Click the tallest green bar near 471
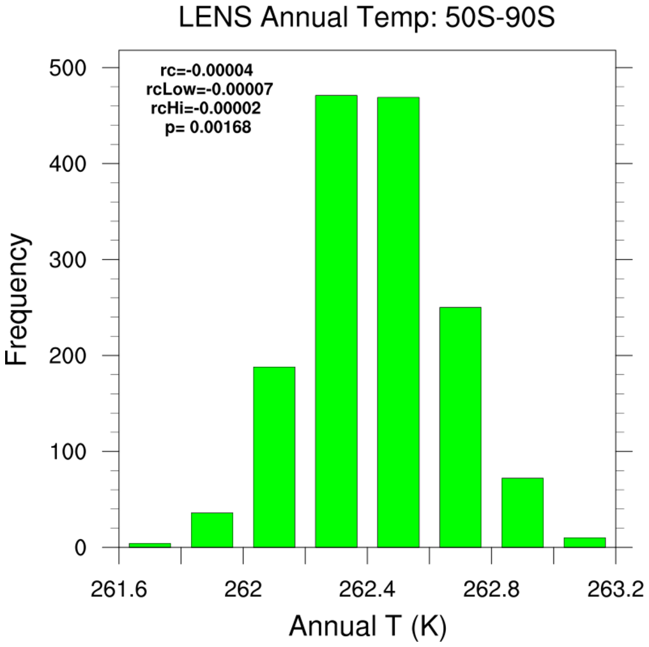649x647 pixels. click(336, 320)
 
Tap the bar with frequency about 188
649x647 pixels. click(274, 456)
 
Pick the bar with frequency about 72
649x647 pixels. click(522, 512)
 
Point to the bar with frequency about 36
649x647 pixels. click(212, 529)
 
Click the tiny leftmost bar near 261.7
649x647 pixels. click(150, 545)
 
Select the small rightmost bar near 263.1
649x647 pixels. click(584, 542)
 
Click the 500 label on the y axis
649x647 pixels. click(69, 68)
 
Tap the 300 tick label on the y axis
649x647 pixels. click(69, 260)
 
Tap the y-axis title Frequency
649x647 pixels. click(17, 300)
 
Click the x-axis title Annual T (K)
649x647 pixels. click(367, 626)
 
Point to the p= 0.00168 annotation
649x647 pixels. click(208, 128)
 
